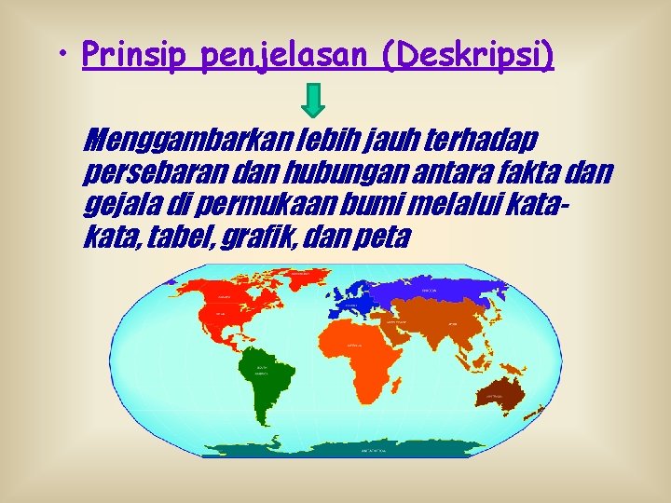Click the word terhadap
[x=481, y=143]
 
